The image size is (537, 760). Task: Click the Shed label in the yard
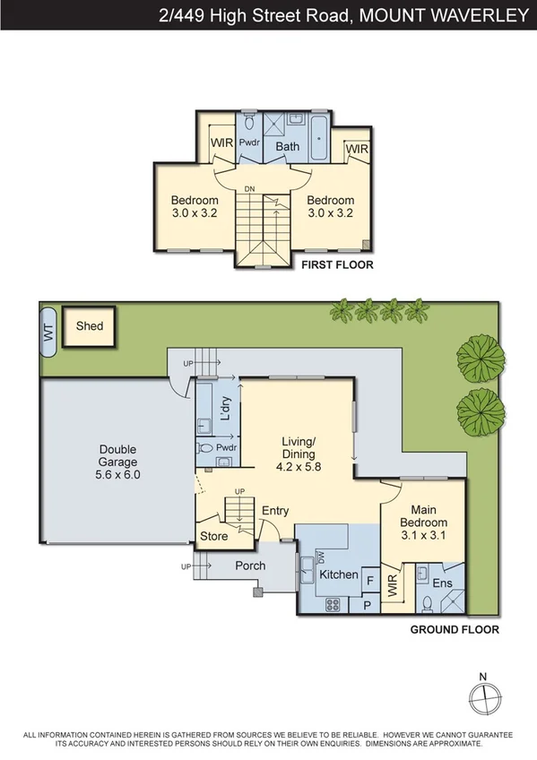click(x=90, y=326)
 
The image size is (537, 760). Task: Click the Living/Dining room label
click(x=299, y=448)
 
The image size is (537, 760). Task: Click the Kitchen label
click(x=339, y=574)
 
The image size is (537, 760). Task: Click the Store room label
click(x=214, y=536)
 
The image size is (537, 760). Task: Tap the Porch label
click(x=250, y=566)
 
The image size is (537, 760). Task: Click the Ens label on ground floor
click(x=442, y=583)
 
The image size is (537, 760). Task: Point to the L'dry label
click(x=225, y=409)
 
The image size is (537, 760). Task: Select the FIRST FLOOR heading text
click(x=337, y=265)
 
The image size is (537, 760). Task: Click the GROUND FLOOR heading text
click(x=455, y=630)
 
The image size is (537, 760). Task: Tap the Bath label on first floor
click(x=287, y=146)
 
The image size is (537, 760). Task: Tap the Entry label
click(x=275, y=511)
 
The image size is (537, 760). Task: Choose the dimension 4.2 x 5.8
click(x=299, y=466)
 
